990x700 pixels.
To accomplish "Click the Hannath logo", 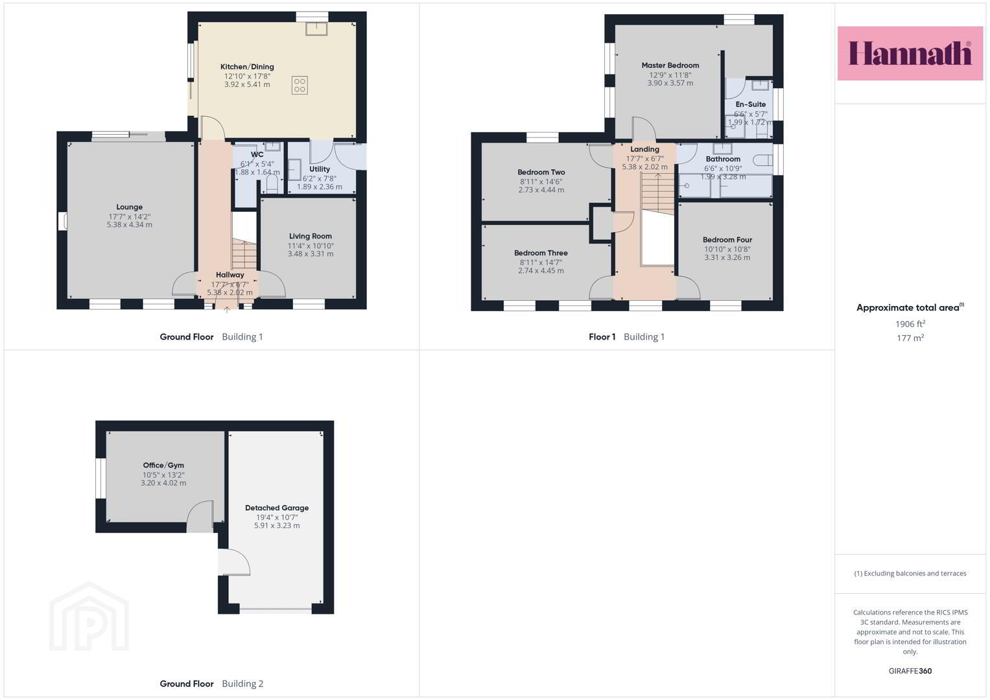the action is point(910,53).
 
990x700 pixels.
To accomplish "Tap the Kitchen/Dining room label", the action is point(247,67).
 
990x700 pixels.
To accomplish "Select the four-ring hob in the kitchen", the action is point(300,86).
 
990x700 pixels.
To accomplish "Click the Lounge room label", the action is point(129,207).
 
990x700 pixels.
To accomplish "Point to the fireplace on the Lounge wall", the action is point(63,221).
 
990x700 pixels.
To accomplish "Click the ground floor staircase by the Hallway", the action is point(244,254).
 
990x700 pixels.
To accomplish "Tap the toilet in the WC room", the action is point(272,184).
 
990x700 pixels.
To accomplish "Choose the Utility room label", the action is point(320,169).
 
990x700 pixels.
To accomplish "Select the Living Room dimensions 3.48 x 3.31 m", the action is point(311,254).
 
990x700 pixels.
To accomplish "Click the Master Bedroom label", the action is point(670,65).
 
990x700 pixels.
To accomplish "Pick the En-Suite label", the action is point(751,104).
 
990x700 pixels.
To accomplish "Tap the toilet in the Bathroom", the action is point(762,160).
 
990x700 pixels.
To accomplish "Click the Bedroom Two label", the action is point(541,172).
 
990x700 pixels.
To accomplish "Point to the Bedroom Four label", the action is point(727,240).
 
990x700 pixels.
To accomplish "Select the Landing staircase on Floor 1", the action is point(657,194).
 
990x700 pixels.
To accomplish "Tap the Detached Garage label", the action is point(277,508).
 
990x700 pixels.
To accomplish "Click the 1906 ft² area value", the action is point(910,324).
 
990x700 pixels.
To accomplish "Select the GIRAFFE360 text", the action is point(910,671).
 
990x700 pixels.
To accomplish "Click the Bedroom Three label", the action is point(541,253).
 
